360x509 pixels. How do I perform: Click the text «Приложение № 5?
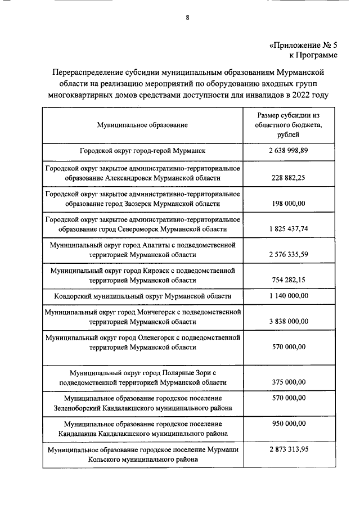[301, 45]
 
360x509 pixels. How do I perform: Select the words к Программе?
[313, 55]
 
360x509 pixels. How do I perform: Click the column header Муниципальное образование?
[142, 125]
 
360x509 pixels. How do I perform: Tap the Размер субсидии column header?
[288, 125]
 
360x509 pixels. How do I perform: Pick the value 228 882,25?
[289, 178]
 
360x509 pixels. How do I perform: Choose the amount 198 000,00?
[289, 203]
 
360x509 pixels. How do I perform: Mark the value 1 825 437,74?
[288, 229]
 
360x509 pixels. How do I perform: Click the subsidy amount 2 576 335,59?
[288, 254]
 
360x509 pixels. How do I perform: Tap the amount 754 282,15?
[289, 280]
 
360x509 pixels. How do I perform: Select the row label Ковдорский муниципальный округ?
[142, 296]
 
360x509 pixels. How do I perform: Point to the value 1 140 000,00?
[288, 296]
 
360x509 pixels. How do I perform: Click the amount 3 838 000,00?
[288, 322]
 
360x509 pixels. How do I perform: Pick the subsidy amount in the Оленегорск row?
[289, 347]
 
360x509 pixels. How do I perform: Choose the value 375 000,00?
[289, 382]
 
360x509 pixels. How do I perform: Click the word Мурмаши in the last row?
[223, 450]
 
